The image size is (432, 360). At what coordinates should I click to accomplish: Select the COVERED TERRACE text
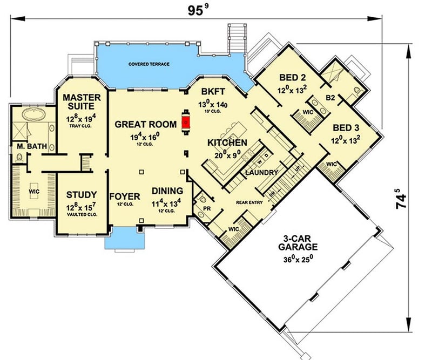click(x=149, y=64)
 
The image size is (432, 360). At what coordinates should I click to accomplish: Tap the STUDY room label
click(x=82, y=195)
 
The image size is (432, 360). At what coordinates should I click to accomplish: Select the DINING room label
click(x=167, y=191)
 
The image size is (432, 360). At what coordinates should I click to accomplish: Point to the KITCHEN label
click(x=227, y=142)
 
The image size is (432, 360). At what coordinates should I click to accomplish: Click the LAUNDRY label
click(x=261, y=173)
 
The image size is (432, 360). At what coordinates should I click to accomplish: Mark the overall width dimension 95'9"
click(x=197, y=9)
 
